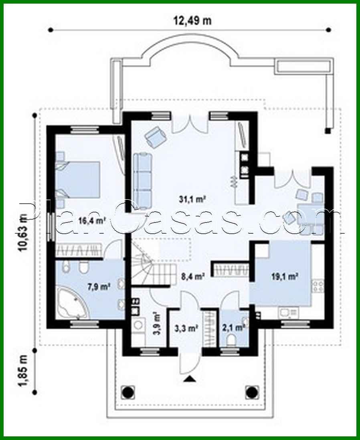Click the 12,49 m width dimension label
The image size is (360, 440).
click(192, 21)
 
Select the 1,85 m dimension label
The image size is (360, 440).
click(23, 370)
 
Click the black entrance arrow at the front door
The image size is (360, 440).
click(190, 379)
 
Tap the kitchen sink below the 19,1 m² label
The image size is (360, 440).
click(288, 311)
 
